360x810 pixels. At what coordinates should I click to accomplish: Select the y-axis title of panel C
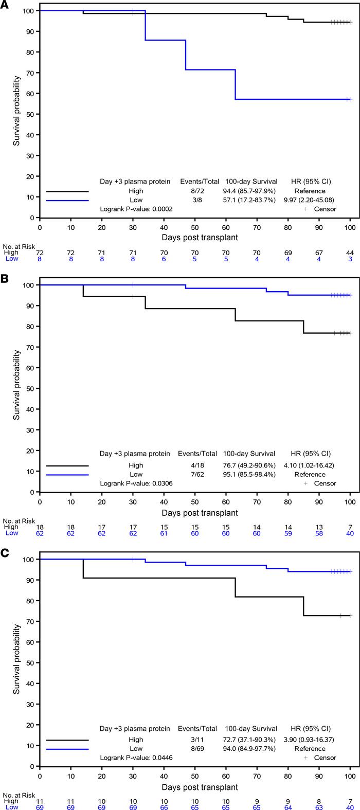point(16,661)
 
